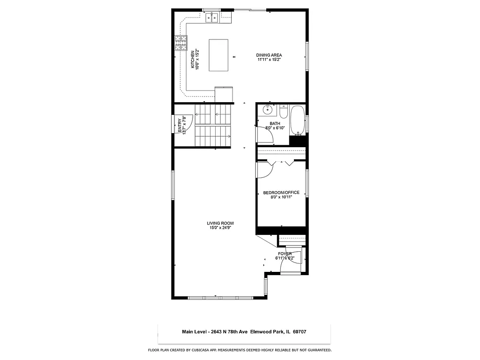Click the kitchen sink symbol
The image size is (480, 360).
[x=213, y=18]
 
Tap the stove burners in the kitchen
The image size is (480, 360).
[x=180, y=44]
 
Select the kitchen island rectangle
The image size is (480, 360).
[x=219, y=55]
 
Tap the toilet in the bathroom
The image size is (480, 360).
[x=283, y=112]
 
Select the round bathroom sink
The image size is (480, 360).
[x=267, y=111]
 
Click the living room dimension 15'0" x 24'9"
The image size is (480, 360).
[x=220, y=228]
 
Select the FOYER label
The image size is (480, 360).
[x=285, y=254]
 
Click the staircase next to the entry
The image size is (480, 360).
[x=213, y=125]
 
